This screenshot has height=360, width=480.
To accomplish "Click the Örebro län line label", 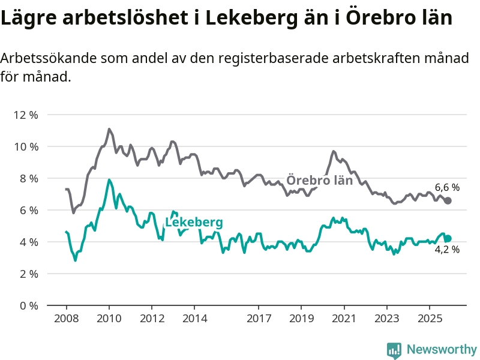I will (x=319, y=180).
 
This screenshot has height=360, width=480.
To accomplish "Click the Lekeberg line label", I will (x=193, y=223).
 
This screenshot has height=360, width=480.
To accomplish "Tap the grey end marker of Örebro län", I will (x=448, y=200).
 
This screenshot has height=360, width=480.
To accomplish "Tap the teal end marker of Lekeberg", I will (x=448, y=238).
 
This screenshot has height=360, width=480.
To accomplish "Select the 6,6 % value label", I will (x=447, y=187).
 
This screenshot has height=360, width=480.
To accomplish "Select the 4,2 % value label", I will (x=447, y=250).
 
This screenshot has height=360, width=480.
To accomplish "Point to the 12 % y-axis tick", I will (x=25, y=115).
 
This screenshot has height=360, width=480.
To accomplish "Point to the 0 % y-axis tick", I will (x=28, y=305).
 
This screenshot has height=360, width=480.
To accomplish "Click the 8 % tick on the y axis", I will (x=28, y=178).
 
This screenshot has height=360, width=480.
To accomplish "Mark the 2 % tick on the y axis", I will (x=28, y=274).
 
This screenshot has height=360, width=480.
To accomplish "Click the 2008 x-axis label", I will (x=66, y=317).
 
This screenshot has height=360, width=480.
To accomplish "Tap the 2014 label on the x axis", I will (x=194, y=317).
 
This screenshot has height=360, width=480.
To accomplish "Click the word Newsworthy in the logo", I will (x=442, y=349).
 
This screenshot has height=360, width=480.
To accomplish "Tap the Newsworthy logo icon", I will (x=394, y=350).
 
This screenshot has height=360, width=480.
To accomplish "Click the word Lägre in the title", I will (x=28, y=18).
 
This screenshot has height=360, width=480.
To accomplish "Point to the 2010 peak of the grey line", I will (x=109, y=129).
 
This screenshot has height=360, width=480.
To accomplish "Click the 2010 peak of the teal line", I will (x=109, y=180).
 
